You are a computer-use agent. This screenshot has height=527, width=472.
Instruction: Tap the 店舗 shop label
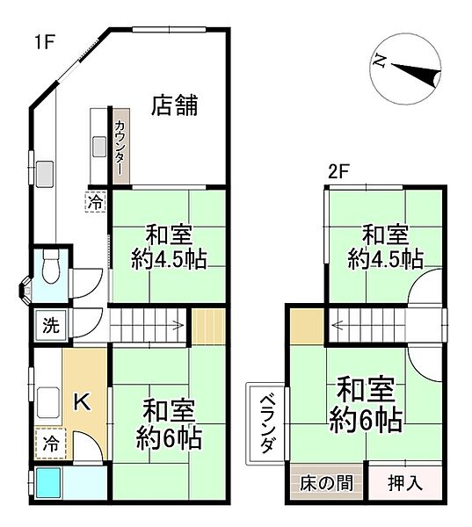(174, 105)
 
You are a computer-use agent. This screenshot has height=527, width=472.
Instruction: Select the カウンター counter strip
(120, 146)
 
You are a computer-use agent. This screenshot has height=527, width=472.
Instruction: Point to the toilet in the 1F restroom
(50, 264)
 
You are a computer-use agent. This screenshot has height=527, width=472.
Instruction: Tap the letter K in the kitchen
(80, 402)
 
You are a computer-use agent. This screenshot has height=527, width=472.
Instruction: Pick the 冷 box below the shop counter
(95, 201)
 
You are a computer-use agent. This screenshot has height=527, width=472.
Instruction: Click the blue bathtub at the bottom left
(48, 483)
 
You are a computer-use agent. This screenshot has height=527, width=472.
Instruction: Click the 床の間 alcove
(322, 482)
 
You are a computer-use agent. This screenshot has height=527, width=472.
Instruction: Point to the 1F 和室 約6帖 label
(170, 423)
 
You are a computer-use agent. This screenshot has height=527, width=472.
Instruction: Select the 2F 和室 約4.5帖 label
(385, 247)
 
